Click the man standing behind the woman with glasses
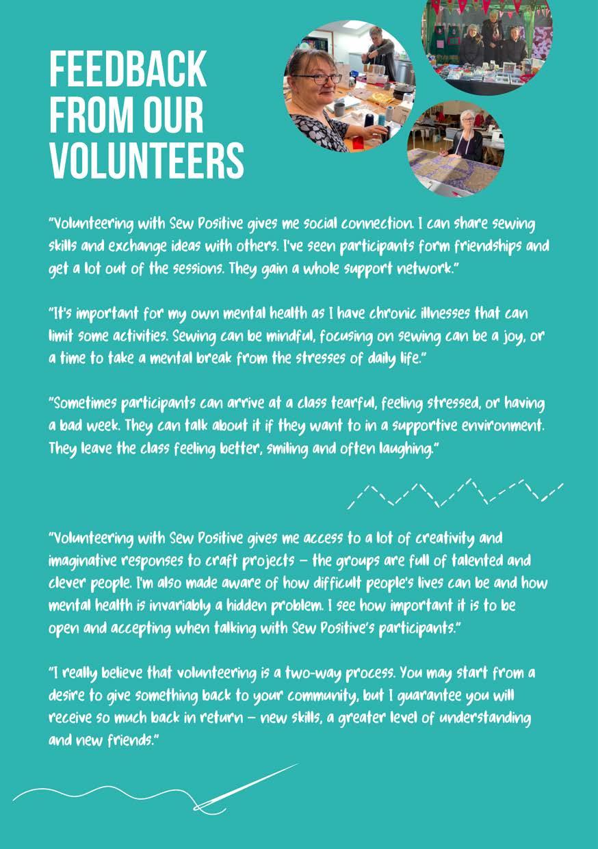[x=380, y=51]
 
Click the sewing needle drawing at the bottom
[x=246, y=786]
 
